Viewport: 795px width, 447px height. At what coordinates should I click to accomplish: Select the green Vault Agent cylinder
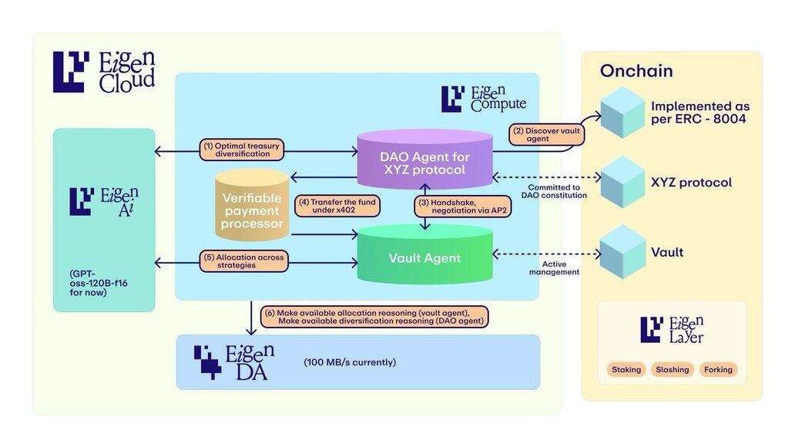coord(424,257)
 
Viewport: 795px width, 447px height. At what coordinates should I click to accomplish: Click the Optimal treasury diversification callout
coord(242,150)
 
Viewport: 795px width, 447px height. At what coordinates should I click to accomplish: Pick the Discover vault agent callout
coord(546,133)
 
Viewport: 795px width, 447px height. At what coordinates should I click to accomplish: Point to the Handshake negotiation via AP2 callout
coord(451,207)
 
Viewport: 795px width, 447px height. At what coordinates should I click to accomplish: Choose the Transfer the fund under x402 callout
coord(327,207)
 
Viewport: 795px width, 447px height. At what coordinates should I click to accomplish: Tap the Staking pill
coord(626,370)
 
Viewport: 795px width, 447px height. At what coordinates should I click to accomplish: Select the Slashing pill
coord(673,370)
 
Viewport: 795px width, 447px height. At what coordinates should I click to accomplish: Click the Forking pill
coord(719,370)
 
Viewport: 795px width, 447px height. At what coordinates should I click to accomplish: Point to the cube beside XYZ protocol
coord(622,182)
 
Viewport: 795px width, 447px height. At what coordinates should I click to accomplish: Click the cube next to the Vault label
coord(622,251)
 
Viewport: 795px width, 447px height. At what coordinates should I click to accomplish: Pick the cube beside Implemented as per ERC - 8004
coord(622,113)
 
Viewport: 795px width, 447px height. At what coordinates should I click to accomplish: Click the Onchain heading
coord(636,71)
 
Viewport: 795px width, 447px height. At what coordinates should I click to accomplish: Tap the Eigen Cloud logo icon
coord(71,72)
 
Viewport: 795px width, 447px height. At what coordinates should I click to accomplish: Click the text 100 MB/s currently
coord(351,361)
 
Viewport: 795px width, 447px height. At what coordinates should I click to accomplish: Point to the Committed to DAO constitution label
coord(557,191)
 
